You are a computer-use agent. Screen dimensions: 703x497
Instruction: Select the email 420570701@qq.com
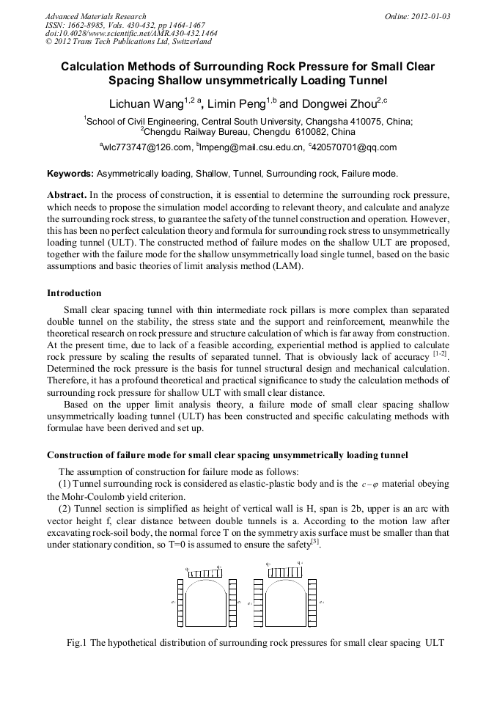coord(355,147)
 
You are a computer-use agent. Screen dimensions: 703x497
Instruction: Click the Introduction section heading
coord(74,293)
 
